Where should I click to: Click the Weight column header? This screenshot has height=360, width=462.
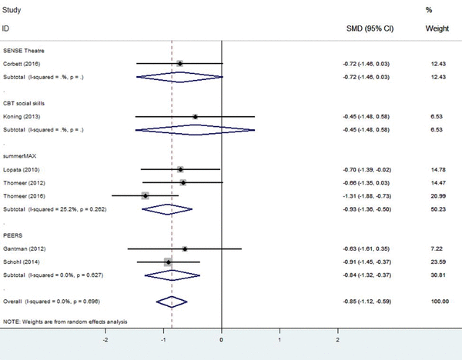click(x=437, y=28)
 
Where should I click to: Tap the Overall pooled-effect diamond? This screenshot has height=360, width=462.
click(x=172, y=301)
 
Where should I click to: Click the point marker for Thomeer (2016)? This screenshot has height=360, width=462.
click(x=145, y=196)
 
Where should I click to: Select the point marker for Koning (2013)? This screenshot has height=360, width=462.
click(x=195, y=118)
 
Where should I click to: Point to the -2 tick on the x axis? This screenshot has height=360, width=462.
click(x=105, y=338)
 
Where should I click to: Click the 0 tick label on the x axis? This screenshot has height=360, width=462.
click(x=222, y=338)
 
